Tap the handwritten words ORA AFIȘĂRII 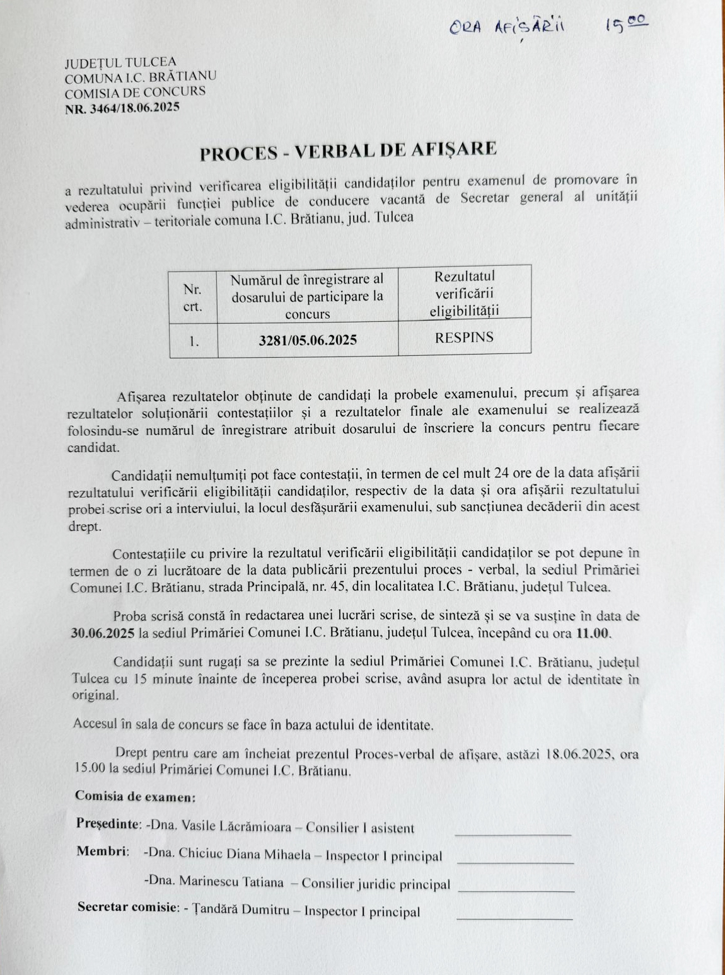click(x=507, y=27)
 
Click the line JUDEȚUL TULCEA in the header click(x=120, y=62)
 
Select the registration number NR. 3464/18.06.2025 click(x=122, y=108)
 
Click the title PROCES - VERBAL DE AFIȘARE click(x=348, y=151)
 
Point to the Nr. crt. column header click(x=193, y=298)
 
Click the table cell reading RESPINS click(x=464, y=337)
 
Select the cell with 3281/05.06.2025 click(x=308, y=340)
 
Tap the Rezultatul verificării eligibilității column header click(x=464, y=293)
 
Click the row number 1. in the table click(x=194, y=341)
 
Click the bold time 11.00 click(x=593, y=633)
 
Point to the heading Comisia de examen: click(x=135, y=795)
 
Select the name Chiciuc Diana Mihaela click(x=245, y=854)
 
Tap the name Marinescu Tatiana click(x=231, y=882)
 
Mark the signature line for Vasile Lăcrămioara click(x=513, y=834)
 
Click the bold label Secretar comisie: click(x=127, y=907)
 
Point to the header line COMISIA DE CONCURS click(x=135, y=92)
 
